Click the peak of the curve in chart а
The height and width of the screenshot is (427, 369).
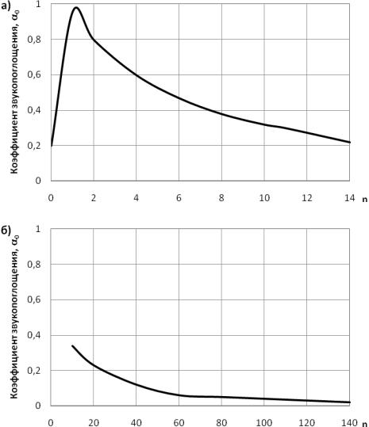tap(76, 8)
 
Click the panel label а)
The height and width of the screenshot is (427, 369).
tap(6, 6)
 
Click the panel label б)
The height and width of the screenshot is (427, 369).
tap(6, 231)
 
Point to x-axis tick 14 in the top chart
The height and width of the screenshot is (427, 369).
tap(349, 198)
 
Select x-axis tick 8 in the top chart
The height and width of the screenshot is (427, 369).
tap(221, 198)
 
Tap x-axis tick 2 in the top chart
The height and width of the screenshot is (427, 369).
tap(94, 198)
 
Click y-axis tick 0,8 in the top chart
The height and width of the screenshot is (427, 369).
tap(34, 40)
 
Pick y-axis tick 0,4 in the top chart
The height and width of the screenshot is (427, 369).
tap(34, 110)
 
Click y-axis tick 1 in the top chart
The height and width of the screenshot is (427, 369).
tap(38, 4)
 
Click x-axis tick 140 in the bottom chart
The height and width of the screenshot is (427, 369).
tap(349, 423)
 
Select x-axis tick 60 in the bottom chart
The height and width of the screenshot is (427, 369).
tap(179, 423)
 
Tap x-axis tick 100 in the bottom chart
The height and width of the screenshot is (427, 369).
tap(264, 423)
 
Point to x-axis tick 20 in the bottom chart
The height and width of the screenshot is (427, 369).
tap(94, 423)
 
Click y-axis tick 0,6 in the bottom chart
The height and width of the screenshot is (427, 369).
tap(34, 299)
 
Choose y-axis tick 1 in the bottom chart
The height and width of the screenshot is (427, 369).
tap(38, 229)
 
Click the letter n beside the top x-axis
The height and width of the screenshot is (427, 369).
tap(365, 200)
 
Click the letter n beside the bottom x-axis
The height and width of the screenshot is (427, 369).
tap(365, 424)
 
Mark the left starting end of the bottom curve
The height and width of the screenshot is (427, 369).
tap(72, 346)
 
